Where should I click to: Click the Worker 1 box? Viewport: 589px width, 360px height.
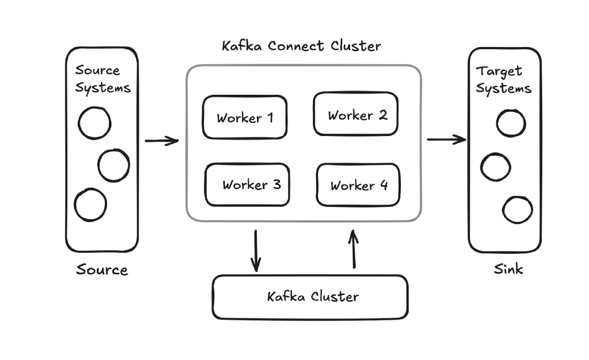tap(244, 117)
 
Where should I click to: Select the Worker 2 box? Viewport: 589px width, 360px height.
tap(356, 115)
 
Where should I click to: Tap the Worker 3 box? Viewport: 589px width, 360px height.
tap(247, 185)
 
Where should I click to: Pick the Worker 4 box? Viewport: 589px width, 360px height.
tap(358, 185)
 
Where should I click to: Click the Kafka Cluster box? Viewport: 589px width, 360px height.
tap(310, 297)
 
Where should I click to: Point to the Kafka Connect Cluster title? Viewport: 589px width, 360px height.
tap(301, 46)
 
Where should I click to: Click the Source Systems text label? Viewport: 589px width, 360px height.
tap(103, 79)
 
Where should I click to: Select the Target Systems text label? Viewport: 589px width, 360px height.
tap(503, 80)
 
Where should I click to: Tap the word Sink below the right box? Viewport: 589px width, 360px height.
tap(508, 269)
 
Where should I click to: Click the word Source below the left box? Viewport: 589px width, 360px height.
tap(102, 270)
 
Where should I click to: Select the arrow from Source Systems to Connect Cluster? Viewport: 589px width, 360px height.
tap(162, 141)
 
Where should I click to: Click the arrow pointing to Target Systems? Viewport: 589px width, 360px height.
tap(446, 140)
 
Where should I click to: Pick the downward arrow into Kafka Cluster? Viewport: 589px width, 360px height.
tap(255, 250)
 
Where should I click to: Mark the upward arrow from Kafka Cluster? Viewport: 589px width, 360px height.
tap(354, 249)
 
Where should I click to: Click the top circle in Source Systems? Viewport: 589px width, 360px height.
tap(94, 123)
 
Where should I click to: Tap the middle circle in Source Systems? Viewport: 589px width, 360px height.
tap(113, 165)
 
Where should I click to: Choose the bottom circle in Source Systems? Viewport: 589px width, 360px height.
tap(91, 205)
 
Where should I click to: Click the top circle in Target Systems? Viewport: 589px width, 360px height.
tap(511, 123)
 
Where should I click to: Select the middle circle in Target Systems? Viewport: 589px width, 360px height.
tap(496, 167)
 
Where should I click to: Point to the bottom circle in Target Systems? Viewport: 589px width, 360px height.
tap(518, 210)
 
